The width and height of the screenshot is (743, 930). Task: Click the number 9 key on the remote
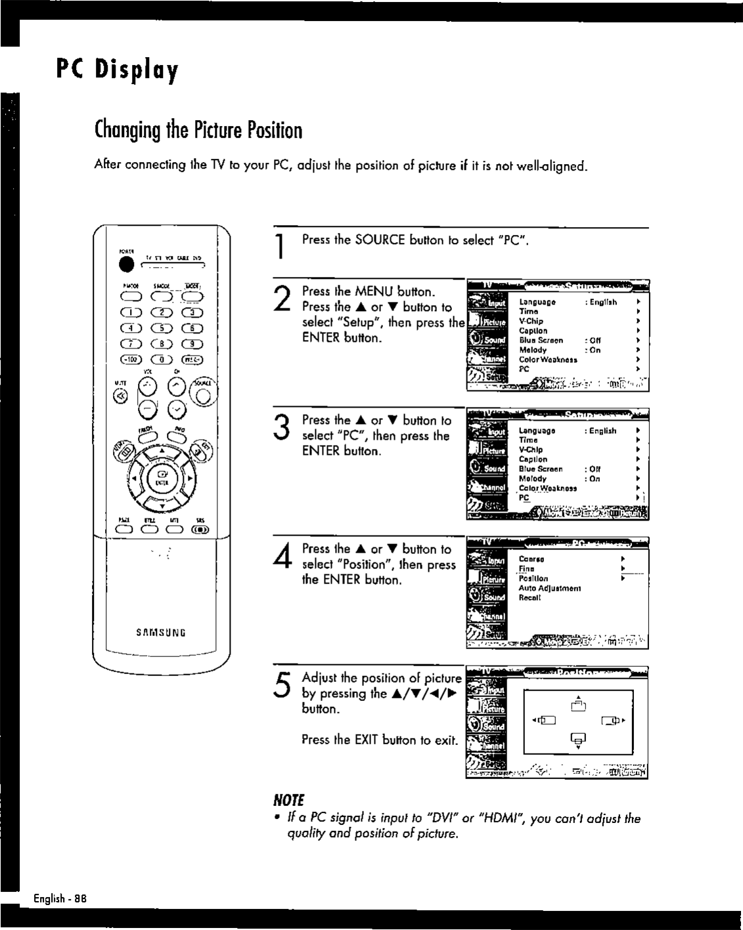point(192,344)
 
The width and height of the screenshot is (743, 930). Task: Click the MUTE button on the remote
point(120,396)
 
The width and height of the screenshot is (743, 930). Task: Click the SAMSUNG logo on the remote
point(161,633)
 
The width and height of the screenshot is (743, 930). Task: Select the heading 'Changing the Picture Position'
point(198,131)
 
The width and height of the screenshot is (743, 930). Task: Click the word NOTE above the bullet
point(288,800)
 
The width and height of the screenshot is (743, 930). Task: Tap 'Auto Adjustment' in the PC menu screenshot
point(549,589)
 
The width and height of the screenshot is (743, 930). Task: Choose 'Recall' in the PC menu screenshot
point(529,598)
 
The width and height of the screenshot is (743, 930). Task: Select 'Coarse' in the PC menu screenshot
point(531,560)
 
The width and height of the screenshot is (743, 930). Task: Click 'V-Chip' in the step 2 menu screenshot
point(531,322)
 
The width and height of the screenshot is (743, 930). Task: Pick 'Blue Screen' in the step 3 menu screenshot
point(541,469)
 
